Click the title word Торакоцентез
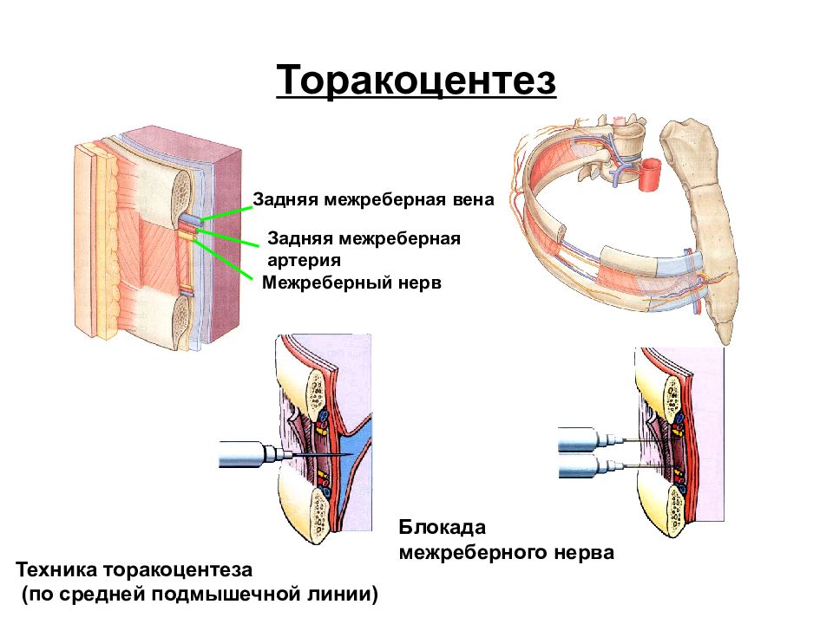click(416, 80)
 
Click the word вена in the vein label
click(474, 199)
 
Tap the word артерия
click(304, 260)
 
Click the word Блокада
click(442, 527)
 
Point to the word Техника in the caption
click(56, 570)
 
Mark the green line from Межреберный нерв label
click(223, 258)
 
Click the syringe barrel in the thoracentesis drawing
click(242, 454)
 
